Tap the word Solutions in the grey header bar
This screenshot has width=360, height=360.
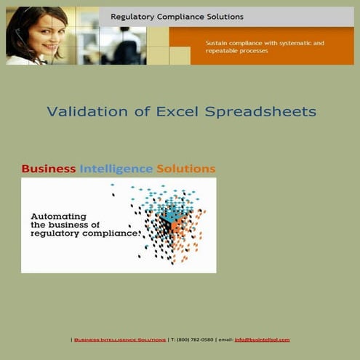point(223,17)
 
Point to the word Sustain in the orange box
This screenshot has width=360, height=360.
point(218,44)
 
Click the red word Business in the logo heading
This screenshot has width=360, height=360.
point(49,169)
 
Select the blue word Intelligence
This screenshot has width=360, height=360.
point(116,169)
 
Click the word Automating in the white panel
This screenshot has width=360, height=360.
point(58,216)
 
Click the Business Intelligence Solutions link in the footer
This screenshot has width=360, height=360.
point(120,340)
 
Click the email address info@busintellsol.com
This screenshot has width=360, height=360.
point(262,340)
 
